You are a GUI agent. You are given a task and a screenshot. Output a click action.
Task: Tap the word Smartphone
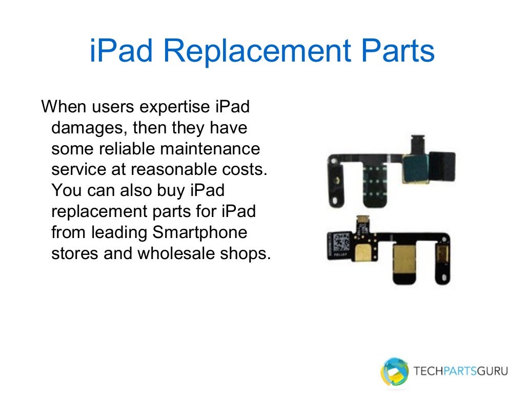coord(200,232)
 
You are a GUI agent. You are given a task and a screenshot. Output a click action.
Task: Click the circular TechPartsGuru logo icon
coord(394,370)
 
